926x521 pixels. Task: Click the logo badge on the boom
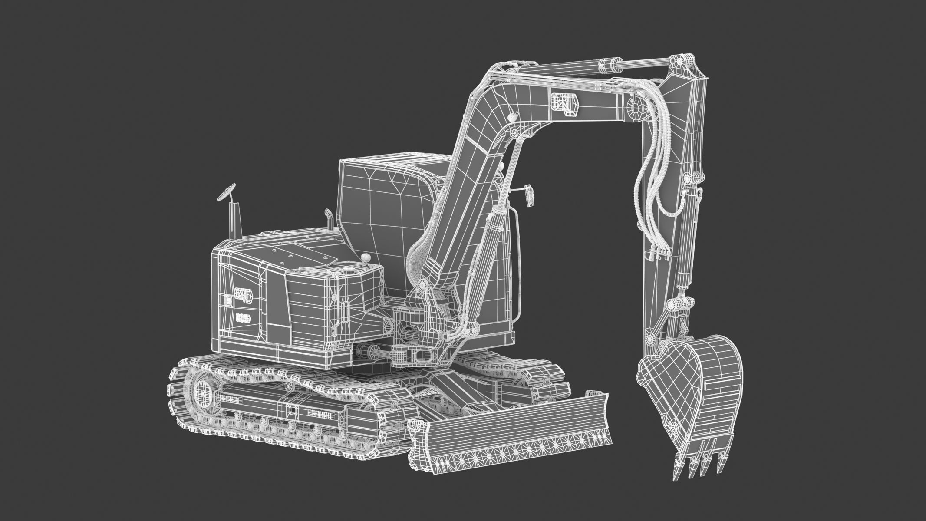(565, 105)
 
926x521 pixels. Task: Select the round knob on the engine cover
(367, 259)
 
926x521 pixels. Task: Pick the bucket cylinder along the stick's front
(686, 243)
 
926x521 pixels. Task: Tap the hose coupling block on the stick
(657, 254)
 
